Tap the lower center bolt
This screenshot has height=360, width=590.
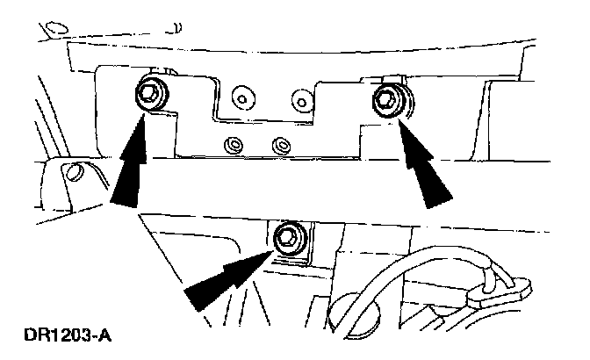click(287, 237)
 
